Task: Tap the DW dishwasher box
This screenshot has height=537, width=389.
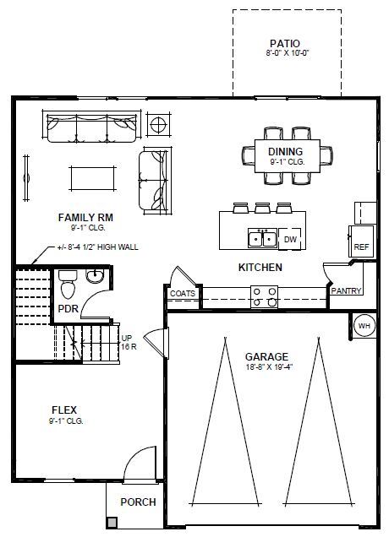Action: point(289,240)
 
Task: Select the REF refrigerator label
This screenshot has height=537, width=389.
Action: point(362,247)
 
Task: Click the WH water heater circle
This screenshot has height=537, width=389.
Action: point(364,326)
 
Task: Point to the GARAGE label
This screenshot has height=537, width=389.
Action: point(267,356)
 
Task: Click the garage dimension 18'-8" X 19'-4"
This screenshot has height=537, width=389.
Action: point(267,367)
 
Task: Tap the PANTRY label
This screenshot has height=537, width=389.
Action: point(347,291)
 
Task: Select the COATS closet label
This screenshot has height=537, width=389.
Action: point(183,294)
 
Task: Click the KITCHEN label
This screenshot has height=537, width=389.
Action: point(260,267)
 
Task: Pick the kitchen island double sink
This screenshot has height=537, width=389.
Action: point(261,239)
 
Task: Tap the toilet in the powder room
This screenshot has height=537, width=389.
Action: point(68,285)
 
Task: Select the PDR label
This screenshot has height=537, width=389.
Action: point(68,309)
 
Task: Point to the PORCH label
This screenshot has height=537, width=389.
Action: point(138,502)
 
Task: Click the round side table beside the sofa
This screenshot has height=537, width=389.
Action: point(158,126)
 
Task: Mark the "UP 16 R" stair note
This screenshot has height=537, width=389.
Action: point(128,341)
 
